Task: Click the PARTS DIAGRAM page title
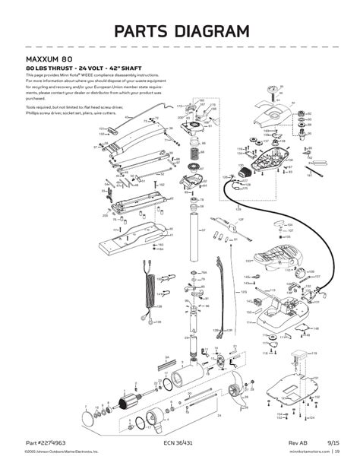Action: pyautogui.click(x=180, y=31)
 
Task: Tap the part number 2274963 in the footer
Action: pyautogui.click(x=52, y=442)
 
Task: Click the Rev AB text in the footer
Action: pyautogui.click(x=298, y=442)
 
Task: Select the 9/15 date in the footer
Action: pyautogui.click(x=333, y=442)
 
